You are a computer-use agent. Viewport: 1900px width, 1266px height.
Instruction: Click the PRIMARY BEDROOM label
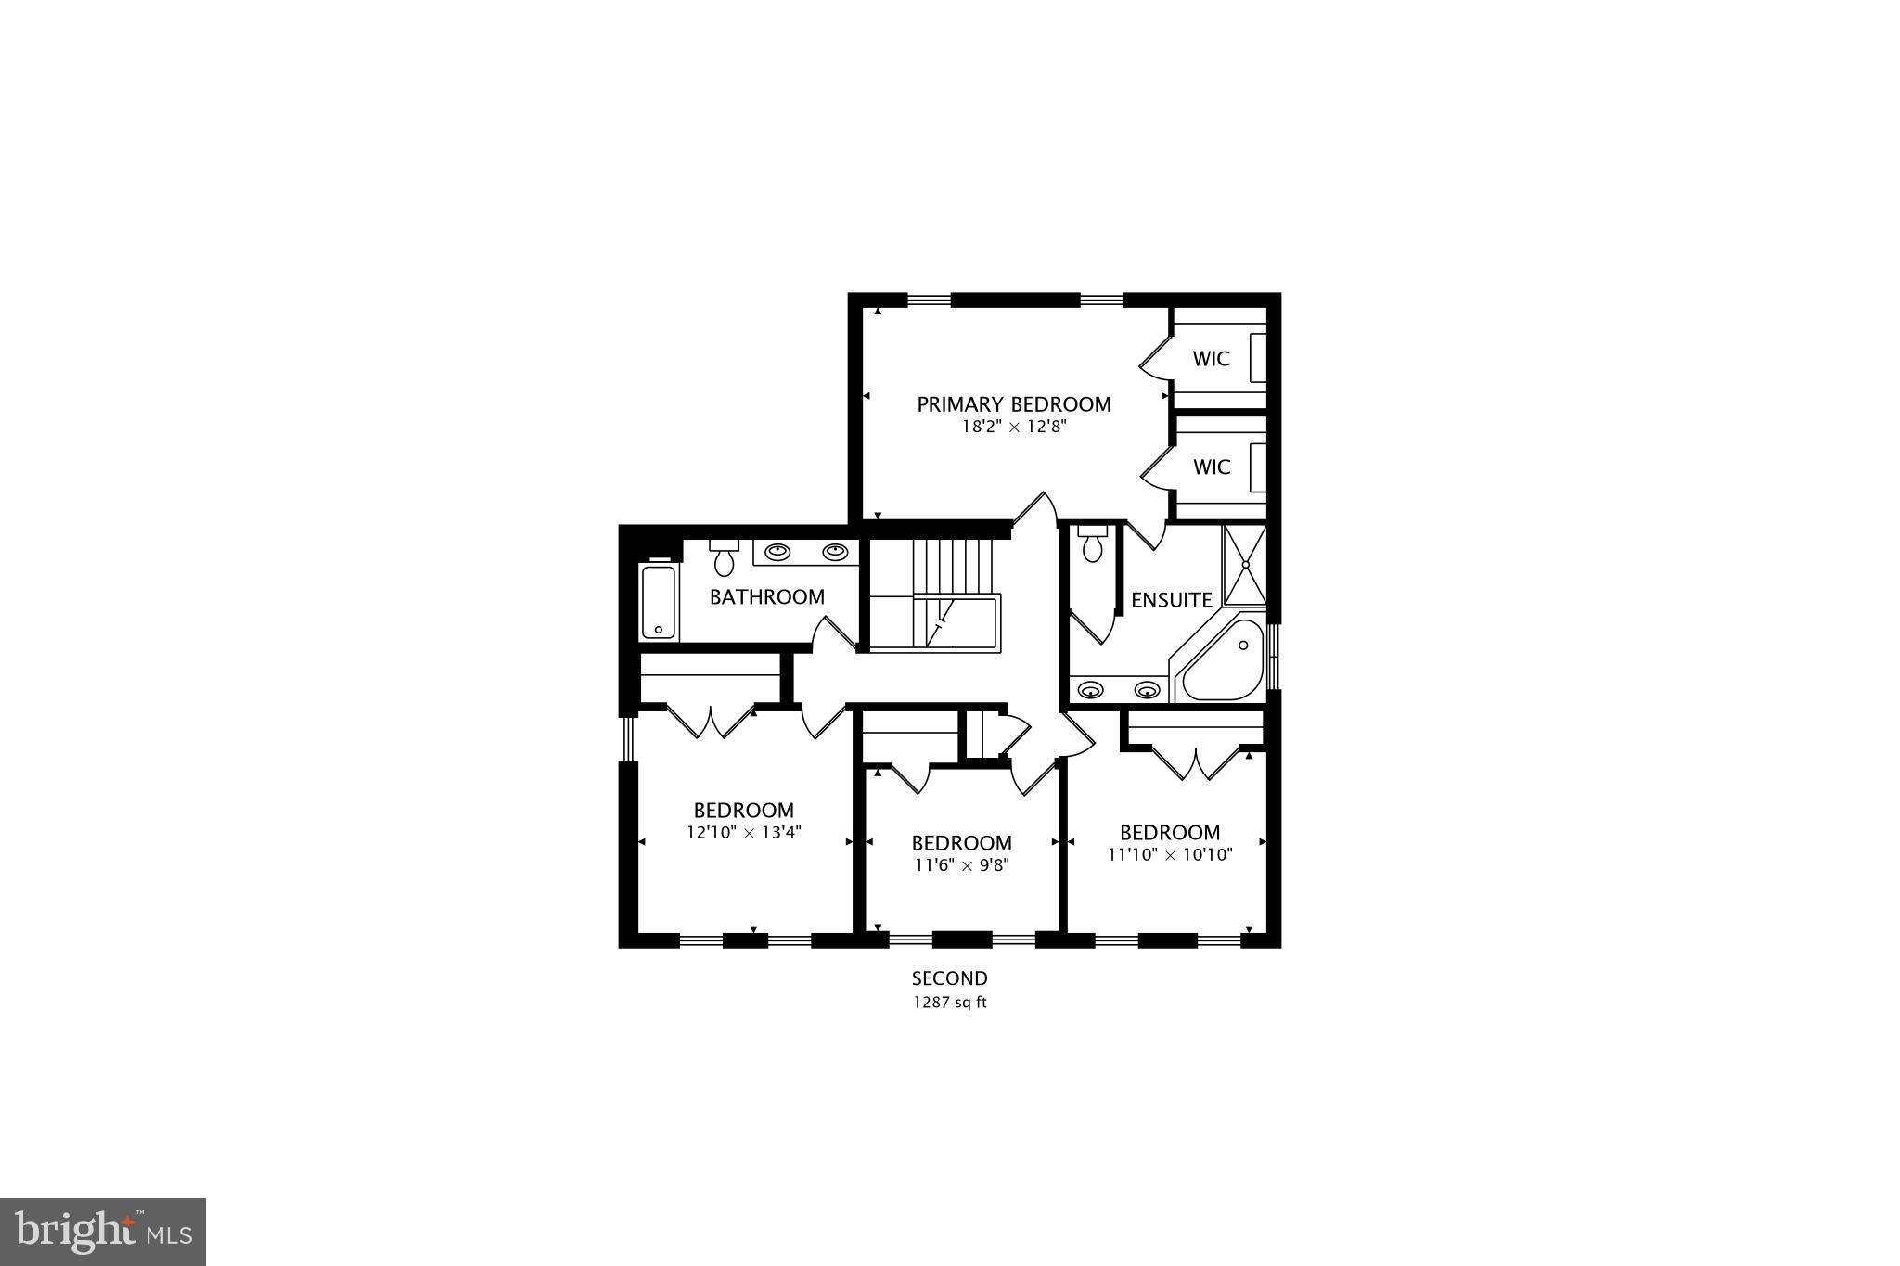[1013, 404]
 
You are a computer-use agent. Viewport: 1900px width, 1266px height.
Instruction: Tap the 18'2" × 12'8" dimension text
[1013, 428]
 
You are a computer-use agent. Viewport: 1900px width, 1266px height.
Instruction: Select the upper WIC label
[1211, 359]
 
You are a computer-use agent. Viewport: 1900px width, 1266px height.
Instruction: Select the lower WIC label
[1211, 467]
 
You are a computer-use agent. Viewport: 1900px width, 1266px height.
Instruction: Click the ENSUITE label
[1172, 600]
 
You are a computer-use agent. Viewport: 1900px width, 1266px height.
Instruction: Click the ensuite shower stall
[1245, 564]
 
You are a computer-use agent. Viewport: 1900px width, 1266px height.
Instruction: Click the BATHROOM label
[766, 596]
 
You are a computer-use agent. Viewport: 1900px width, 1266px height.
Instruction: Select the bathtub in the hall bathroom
[659, 601]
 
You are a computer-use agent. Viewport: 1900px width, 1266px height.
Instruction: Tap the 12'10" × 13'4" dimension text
[743, 832]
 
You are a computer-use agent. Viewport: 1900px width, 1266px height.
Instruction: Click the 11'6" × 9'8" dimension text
[961, 865]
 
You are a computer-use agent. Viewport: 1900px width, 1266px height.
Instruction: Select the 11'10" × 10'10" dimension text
[1170, 854]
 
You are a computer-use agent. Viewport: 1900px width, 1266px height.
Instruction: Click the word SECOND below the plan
[949, 978]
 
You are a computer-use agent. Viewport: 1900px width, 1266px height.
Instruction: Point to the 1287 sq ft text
[949, 1003]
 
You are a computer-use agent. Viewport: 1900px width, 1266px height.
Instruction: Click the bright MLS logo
[103, 1232]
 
